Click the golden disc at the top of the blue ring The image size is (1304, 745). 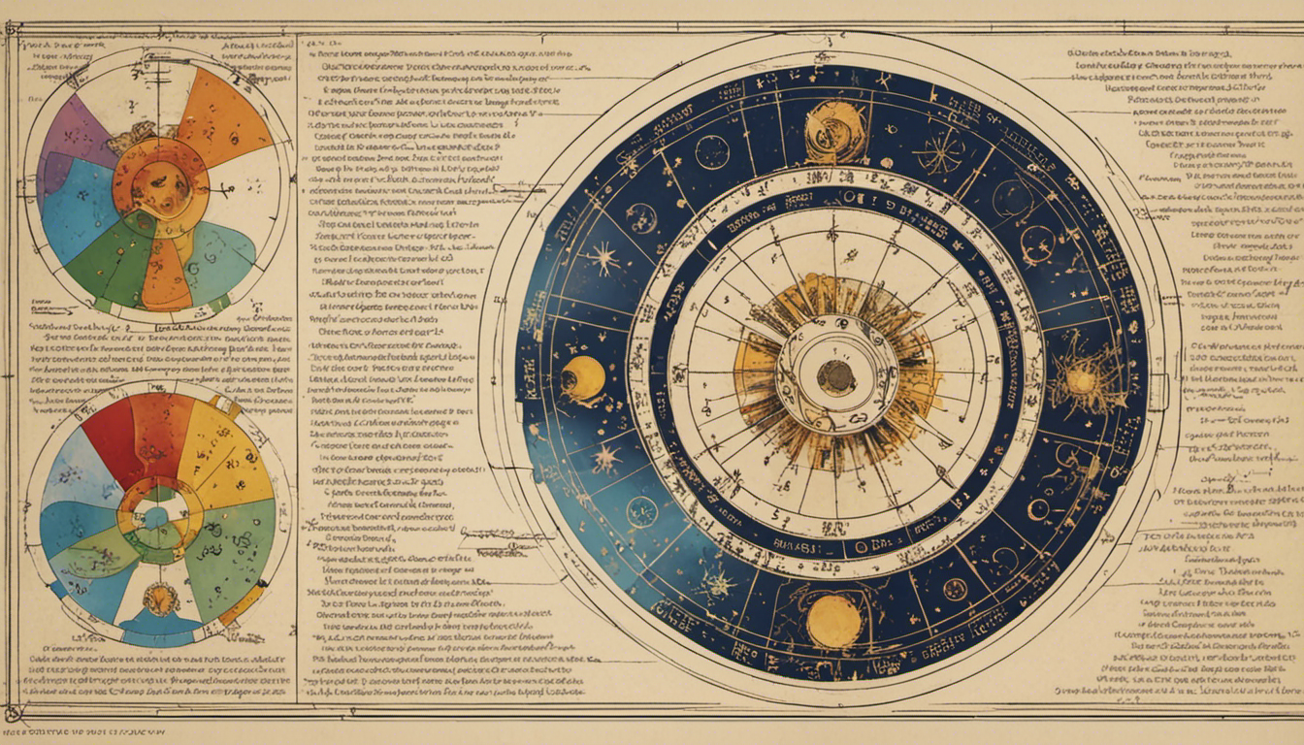point(835,131)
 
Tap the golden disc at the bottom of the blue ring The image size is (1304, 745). point(834,621)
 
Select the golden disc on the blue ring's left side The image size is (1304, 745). point(583,378)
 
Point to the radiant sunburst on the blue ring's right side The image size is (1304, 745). point(1079,380)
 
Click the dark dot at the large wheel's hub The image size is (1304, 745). point(835,376)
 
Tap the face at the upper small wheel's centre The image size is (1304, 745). point(159,180)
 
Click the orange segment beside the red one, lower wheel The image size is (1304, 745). point(161,427)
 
